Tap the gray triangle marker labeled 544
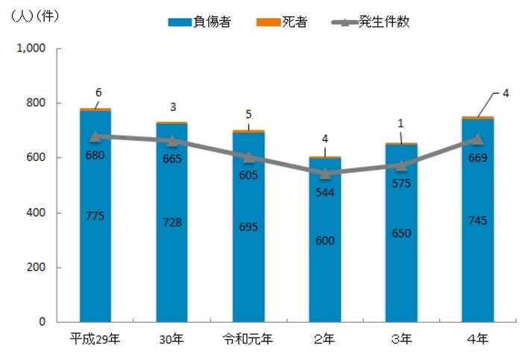click(325, 173)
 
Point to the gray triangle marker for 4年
click(478, 139)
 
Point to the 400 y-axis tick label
click(36, 212)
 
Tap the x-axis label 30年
click(172, 340)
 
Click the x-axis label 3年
click(401, 340)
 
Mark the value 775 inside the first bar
click(95, 216)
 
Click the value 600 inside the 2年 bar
click(325, 241)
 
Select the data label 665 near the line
click(172, 159)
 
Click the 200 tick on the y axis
click(36, 267)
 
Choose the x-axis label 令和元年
click(248, 340)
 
